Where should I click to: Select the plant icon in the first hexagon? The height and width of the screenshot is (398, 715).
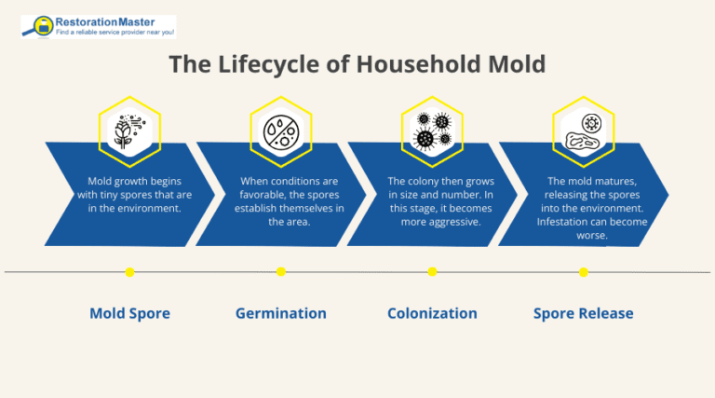pos(129,130)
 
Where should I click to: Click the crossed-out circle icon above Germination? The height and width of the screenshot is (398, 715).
pos(280,130)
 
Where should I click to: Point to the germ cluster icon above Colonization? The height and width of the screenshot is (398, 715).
pos(432,130)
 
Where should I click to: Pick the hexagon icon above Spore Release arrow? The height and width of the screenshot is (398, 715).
pos(583,130)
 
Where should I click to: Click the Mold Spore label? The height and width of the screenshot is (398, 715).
pos(129,313)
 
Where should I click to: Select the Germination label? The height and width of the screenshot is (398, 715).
pos(280,313)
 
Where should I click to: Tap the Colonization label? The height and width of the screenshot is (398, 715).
pos(432,313)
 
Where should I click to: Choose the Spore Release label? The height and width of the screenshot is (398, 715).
pos(583,313)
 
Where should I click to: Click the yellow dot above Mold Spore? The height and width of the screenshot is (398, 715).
pos(129,272)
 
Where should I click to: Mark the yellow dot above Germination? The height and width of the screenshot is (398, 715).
pos(280,272)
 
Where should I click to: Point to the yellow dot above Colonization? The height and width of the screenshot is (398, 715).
pos(432,272)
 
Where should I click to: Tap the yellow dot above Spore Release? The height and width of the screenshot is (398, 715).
pos(583,272)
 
